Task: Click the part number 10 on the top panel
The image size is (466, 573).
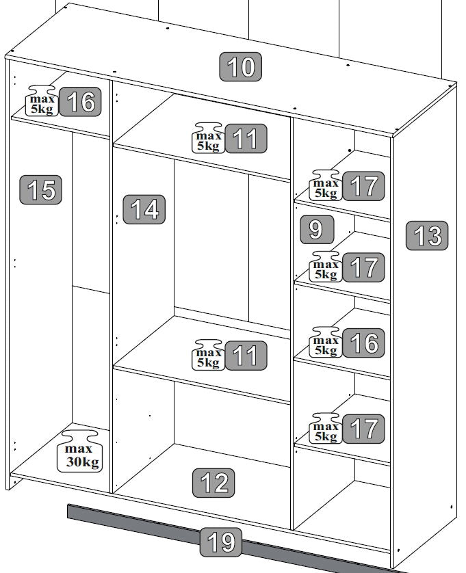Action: click(x=240, y=66)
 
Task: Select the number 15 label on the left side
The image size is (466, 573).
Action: click(x=40, y=189)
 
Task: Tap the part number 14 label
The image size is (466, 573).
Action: click(x=144, y=209)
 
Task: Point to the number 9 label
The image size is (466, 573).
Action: click(x=317, y=230)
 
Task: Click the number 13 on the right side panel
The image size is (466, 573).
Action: click(x=427, y=235)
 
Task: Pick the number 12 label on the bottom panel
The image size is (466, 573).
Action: click(x=213, y=483)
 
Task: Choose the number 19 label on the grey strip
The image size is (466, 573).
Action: click(x=221, y=542)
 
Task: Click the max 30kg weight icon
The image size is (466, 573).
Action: click(x=80, y=451)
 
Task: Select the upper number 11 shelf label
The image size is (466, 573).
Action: click(x=246, y=139)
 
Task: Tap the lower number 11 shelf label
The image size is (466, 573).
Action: click(x=246, y=356)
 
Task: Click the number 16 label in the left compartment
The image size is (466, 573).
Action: click(x=80, y=102)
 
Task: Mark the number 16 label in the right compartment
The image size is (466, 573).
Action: click(x=363, y=343)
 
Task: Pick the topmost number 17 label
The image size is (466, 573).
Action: click(x=363, y=186)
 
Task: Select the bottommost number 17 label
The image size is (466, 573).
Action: click(x=363, y=429)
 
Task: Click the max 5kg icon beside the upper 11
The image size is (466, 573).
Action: click(x=208, y=137)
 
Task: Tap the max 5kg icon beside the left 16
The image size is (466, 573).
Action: click(x=42, y=101)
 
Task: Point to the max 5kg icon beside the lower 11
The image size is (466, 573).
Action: click(x=208, y=355)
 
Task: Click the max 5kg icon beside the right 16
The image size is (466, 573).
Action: click(x=326, y=342)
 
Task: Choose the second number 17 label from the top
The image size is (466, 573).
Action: click(x=363, y=267)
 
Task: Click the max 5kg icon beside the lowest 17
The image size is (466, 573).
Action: click(x=326, y=428)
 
